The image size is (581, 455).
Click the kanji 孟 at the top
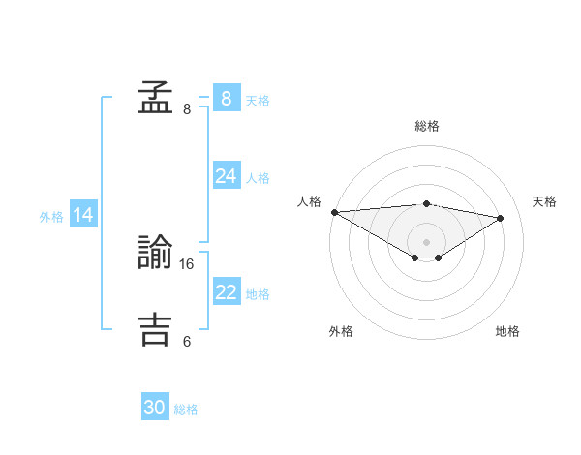[155, 98]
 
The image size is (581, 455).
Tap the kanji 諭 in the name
[155, 254]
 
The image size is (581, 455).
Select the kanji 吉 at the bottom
[155, 329]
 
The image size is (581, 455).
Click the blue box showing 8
[226, 98]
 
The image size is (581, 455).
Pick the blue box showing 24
[226, 175]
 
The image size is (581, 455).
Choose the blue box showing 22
[226, 291]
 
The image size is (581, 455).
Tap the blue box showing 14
[83, 215]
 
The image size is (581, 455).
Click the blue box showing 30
[155, 408]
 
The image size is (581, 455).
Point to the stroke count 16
[188, 263]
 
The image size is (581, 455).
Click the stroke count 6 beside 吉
[187, 341]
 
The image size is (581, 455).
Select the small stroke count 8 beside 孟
[187, 109]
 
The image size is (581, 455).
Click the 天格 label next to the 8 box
[258, 101]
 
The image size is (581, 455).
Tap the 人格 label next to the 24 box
[258, 178]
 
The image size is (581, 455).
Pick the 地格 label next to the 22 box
[258, 294]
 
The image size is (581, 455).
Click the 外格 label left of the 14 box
[51, 218]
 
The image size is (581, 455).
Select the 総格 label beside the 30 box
[186, 410]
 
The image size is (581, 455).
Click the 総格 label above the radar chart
[426, 126]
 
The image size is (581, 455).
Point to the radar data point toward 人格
[334, 212]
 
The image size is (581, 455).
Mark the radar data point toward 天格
[501, 218]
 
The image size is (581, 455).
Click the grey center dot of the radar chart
[426, 240]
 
